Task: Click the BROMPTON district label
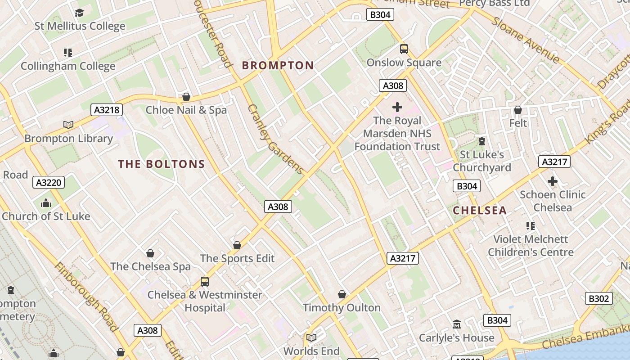pos(278,66)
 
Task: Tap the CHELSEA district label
pos(480,210)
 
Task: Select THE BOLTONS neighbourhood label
pos(161,164)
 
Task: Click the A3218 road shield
pos(107,110)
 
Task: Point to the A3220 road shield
pos(49,182)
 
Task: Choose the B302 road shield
pos(598,298)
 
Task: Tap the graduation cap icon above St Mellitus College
pos(80,13)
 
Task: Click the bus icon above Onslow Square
pos(404,49)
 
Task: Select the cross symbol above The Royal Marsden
pos(397,107)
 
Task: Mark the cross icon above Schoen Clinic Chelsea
pos(553,181)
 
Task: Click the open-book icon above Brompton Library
pos(68,125)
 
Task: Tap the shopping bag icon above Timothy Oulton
pos(342,294)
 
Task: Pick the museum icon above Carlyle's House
pos(457,324)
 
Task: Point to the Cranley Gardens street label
pos(275,139)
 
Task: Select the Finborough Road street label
pos(86,297)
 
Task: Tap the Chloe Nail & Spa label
pos(186,110)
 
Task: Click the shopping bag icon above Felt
pos(518,110)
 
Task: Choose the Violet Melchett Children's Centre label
pos(531,246)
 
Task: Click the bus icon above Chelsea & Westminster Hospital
pos(205,282)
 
